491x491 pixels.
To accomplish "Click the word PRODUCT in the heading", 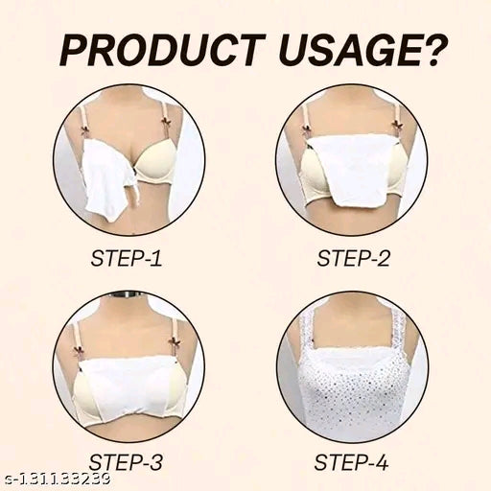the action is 163,51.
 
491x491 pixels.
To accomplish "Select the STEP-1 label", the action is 127,258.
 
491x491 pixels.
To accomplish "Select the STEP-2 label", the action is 354,258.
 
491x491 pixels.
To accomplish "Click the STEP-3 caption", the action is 126,462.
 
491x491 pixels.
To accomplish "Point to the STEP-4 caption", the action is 352,462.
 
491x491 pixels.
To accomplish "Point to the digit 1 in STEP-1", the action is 156,258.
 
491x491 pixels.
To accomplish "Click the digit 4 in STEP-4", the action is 382,462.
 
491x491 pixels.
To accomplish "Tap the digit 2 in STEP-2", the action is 383,258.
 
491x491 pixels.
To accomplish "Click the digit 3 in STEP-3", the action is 155,462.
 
